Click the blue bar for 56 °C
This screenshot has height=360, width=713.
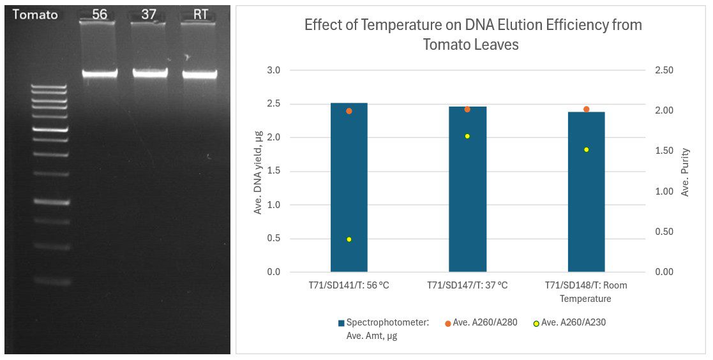[349, 191]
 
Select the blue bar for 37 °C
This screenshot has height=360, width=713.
[467, 191]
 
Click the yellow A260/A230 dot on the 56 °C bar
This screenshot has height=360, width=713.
[349, 239]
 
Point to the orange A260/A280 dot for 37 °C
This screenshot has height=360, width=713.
[467, 109]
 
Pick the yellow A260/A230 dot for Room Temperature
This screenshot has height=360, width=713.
[586, 149]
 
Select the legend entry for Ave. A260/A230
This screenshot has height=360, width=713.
[569, 323]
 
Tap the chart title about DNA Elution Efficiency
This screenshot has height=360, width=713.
[473, 34]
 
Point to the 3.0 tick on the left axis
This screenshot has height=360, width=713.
[273, 70]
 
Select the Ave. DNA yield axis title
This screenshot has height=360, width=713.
[259, 171]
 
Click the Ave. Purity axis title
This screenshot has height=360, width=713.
[685, 171]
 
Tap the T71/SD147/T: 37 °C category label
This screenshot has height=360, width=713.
[467, 285]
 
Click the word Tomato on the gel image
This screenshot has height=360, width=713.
[34, 15]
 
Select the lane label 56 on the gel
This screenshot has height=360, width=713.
[100, 15]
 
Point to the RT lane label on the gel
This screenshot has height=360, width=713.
[200, 15]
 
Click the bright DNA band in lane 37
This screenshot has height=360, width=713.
[150, 73]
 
